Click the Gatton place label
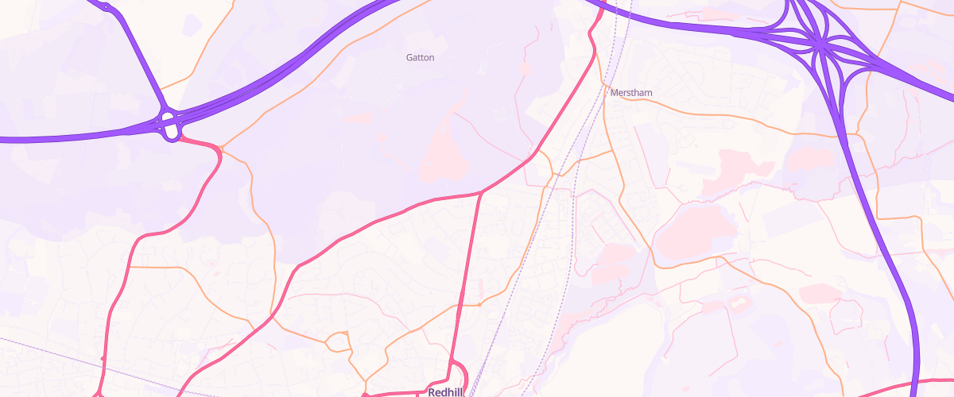tap(420, 57)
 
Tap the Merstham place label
tap(631, 93)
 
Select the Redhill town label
tap(445, 392)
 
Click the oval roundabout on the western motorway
tap(170, 126)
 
